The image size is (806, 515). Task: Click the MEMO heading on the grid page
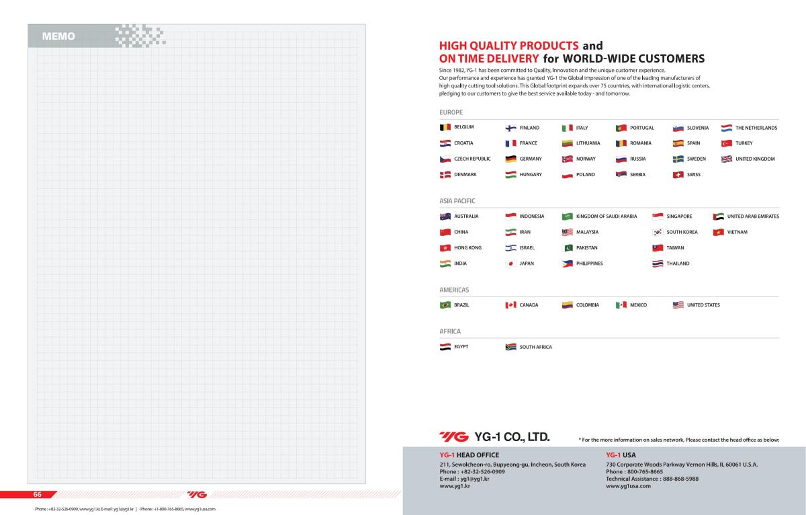click(58, 36)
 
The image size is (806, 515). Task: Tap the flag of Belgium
click(445, 127)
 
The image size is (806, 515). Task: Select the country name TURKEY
click(744, 143)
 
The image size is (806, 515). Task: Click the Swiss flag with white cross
click(678, 175)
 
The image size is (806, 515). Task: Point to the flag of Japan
click(510, 264)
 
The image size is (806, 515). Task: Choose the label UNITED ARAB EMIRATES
click(753, 216)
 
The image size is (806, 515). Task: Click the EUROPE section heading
click(451, 112)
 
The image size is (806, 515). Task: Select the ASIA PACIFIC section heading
click(457, 201)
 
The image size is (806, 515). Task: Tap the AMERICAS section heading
click(454, 290)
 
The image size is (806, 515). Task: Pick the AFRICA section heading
click(450, 331)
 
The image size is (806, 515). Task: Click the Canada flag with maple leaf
click(510, 305)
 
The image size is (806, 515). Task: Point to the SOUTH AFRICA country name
click(535, 347)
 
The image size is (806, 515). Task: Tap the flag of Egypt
click(445, 347)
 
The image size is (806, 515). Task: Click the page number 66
click(38, 494)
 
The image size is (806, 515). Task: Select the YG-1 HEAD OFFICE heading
click(469, 455)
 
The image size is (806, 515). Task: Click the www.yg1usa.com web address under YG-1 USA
click(628, 486)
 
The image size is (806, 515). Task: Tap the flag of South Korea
click(658, 232)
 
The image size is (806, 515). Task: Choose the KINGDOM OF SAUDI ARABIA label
click(606, 216)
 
